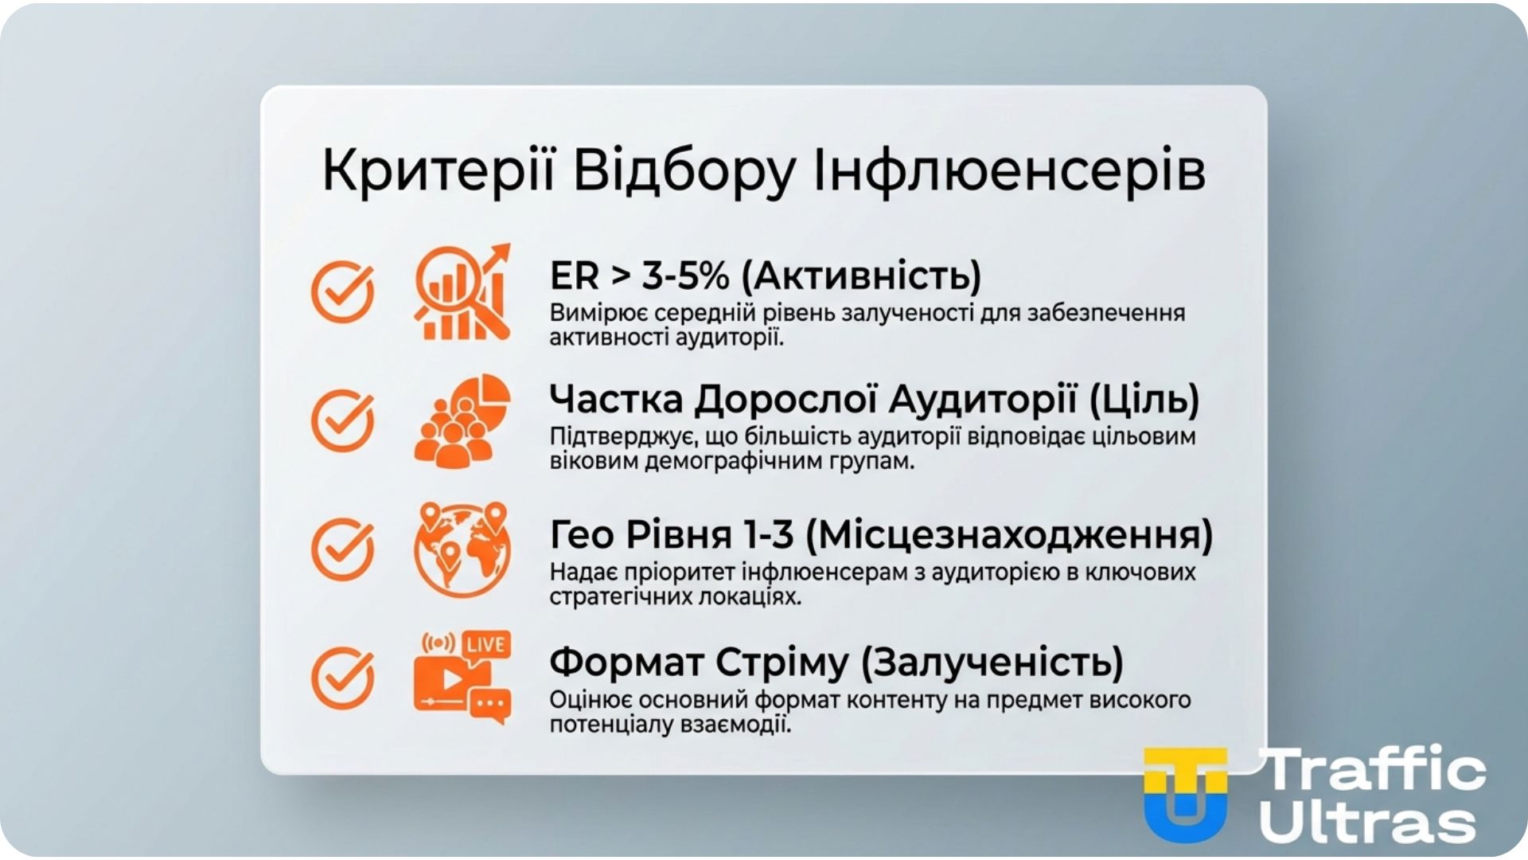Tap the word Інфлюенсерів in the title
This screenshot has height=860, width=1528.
1009,170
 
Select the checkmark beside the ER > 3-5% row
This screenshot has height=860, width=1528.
342,291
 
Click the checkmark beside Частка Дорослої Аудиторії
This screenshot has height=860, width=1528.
342,420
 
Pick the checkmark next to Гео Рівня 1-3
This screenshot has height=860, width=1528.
342,549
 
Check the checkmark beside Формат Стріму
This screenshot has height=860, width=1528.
342,678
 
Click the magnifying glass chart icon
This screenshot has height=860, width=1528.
462,292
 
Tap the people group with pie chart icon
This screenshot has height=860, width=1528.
462,420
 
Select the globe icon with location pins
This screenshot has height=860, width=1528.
462,549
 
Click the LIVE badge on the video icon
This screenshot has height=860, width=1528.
486,643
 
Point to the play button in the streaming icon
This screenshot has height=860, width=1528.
451,679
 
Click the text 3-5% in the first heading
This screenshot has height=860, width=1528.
685,276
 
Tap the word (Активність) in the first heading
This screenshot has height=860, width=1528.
861,276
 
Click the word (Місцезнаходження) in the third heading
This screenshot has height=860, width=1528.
1009,534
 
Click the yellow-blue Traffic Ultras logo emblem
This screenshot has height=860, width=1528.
1185,794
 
